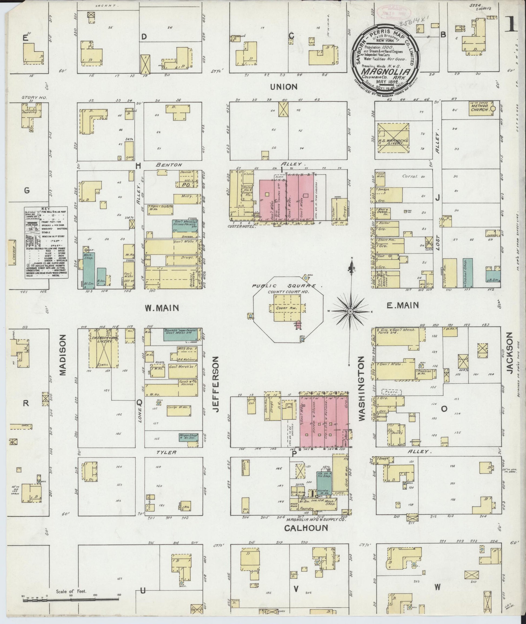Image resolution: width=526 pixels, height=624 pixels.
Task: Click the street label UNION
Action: (284, 87)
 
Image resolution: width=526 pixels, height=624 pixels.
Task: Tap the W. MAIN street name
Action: (162, 308)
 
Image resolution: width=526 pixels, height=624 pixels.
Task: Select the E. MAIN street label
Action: (402, 305)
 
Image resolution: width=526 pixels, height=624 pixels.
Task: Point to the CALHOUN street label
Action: (306, 528)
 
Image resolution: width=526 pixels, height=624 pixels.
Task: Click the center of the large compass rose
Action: (351, 311)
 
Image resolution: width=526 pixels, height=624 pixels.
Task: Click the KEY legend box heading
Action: (46, 209)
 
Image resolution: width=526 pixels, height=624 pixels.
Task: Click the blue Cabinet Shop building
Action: (468, 273)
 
